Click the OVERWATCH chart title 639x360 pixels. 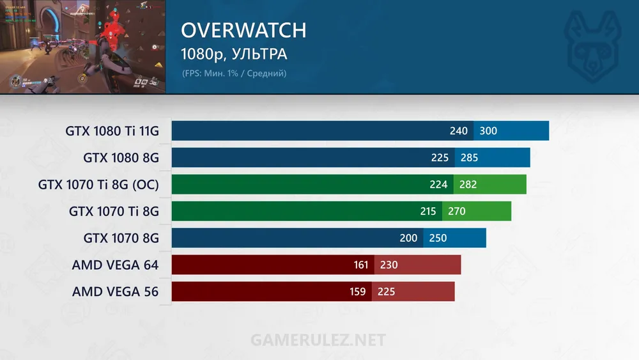(243, 30)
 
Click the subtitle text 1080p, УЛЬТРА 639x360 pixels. (235, 53)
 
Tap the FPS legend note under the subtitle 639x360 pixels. (235, 74)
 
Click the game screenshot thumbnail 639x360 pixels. (82, 46)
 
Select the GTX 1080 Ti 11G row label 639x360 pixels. (112, 131)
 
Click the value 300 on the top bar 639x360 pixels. (488, 131)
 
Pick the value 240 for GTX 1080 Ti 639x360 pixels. (459, 131)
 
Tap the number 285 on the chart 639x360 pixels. (469, 157)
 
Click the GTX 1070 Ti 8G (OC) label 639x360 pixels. (98, 185)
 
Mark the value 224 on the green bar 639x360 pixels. (438, 185)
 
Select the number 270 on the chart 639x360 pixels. (457, 211)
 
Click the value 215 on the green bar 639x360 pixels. (428, 211)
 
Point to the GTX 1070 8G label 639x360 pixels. (121, 238)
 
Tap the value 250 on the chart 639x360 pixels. (438, 238)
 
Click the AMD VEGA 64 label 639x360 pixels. (115, 265)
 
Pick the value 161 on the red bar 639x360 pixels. (362, 265)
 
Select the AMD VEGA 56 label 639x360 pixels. (115, 292)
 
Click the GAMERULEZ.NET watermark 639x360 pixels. (318, 339)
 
